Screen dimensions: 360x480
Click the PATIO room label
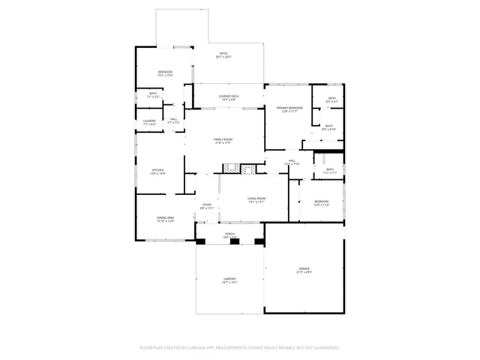point(223,54)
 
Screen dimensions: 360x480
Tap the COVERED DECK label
point(229,97)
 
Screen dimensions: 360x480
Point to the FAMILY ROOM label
point(223,140)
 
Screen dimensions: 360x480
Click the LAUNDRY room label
point(149,121)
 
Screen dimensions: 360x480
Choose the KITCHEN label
point(158,171)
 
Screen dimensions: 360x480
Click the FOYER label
point(206,205)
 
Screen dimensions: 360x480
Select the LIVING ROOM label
point(256,199)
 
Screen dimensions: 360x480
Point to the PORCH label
point(229,235)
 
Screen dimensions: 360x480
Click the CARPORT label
point(229,280)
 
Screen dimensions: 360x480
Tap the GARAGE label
point(304,269)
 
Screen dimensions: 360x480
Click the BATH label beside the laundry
point(152,94)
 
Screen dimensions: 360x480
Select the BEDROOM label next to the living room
point(321,202)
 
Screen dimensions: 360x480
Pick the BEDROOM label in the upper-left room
point(165,73)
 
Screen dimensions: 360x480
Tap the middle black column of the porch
point(229,242)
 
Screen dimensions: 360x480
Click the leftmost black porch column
point(200,242)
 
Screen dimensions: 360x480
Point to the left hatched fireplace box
point(234,169)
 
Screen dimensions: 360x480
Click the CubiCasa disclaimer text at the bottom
point(239,348)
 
